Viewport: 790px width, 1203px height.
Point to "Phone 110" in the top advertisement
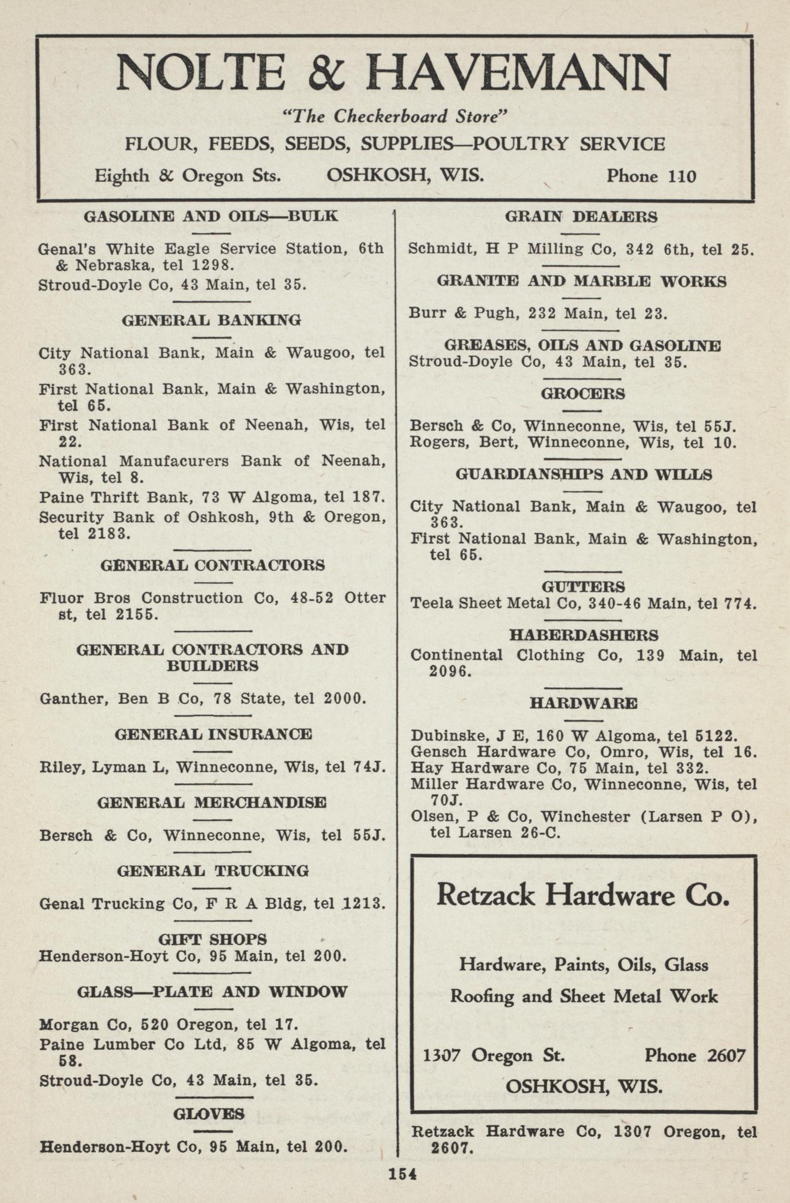click(x=651, y=176)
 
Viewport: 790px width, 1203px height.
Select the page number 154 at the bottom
click(x=402, y=1174)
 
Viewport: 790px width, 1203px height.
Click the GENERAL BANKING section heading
click(x=211, y=320)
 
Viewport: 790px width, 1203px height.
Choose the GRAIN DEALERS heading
click(x=581, y=217)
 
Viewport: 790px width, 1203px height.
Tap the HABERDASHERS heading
click(x=584, y=635)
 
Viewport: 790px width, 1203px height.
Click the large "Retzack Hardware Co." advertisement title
click(x=582, y=895)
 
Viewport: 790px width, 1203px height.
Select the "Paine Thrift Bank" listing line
click(x=211, y=497)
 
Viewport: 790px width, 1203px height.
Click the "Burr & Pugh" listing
click(x=537, y=314)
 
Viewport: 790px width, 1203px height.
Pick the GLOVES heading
click(x=209, y=1114)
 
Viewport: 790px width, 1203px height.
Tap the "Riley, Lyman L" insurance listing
click(x=211, y=767)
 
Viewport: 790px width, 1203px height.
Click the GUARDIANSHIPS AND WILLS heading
click(x=584, y=474)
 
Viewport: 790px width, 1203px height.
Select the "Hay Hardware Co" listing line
click(x=559, y=768)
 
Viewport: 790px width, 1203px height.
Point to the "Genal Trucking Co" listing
click(x=211, y=903)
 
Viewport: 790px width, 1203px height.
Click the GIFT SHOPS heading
click(x=212, y=940)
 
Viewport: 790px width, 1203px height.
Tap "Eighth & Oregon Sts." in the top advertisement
click(x=188, y=176)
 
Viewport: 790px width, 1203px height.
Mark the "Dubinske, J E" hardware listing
click(x=574, y=736)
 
